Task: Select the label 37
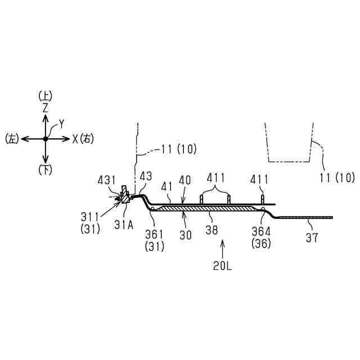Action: pyautogui.click(x=312, y=237)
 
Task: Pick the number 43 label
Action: pyautogui.click(x=146, y=177)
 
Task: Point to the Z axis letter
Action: pyautogui.click(x=46, y=106)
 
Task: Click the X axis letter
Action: pyautogui.click(x=74, y=138)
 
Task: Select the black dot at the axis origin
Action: pyautogui.click(x=46, y=138)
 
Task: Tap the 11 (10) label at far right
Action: pyautogui.click(x=337, y=178)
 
